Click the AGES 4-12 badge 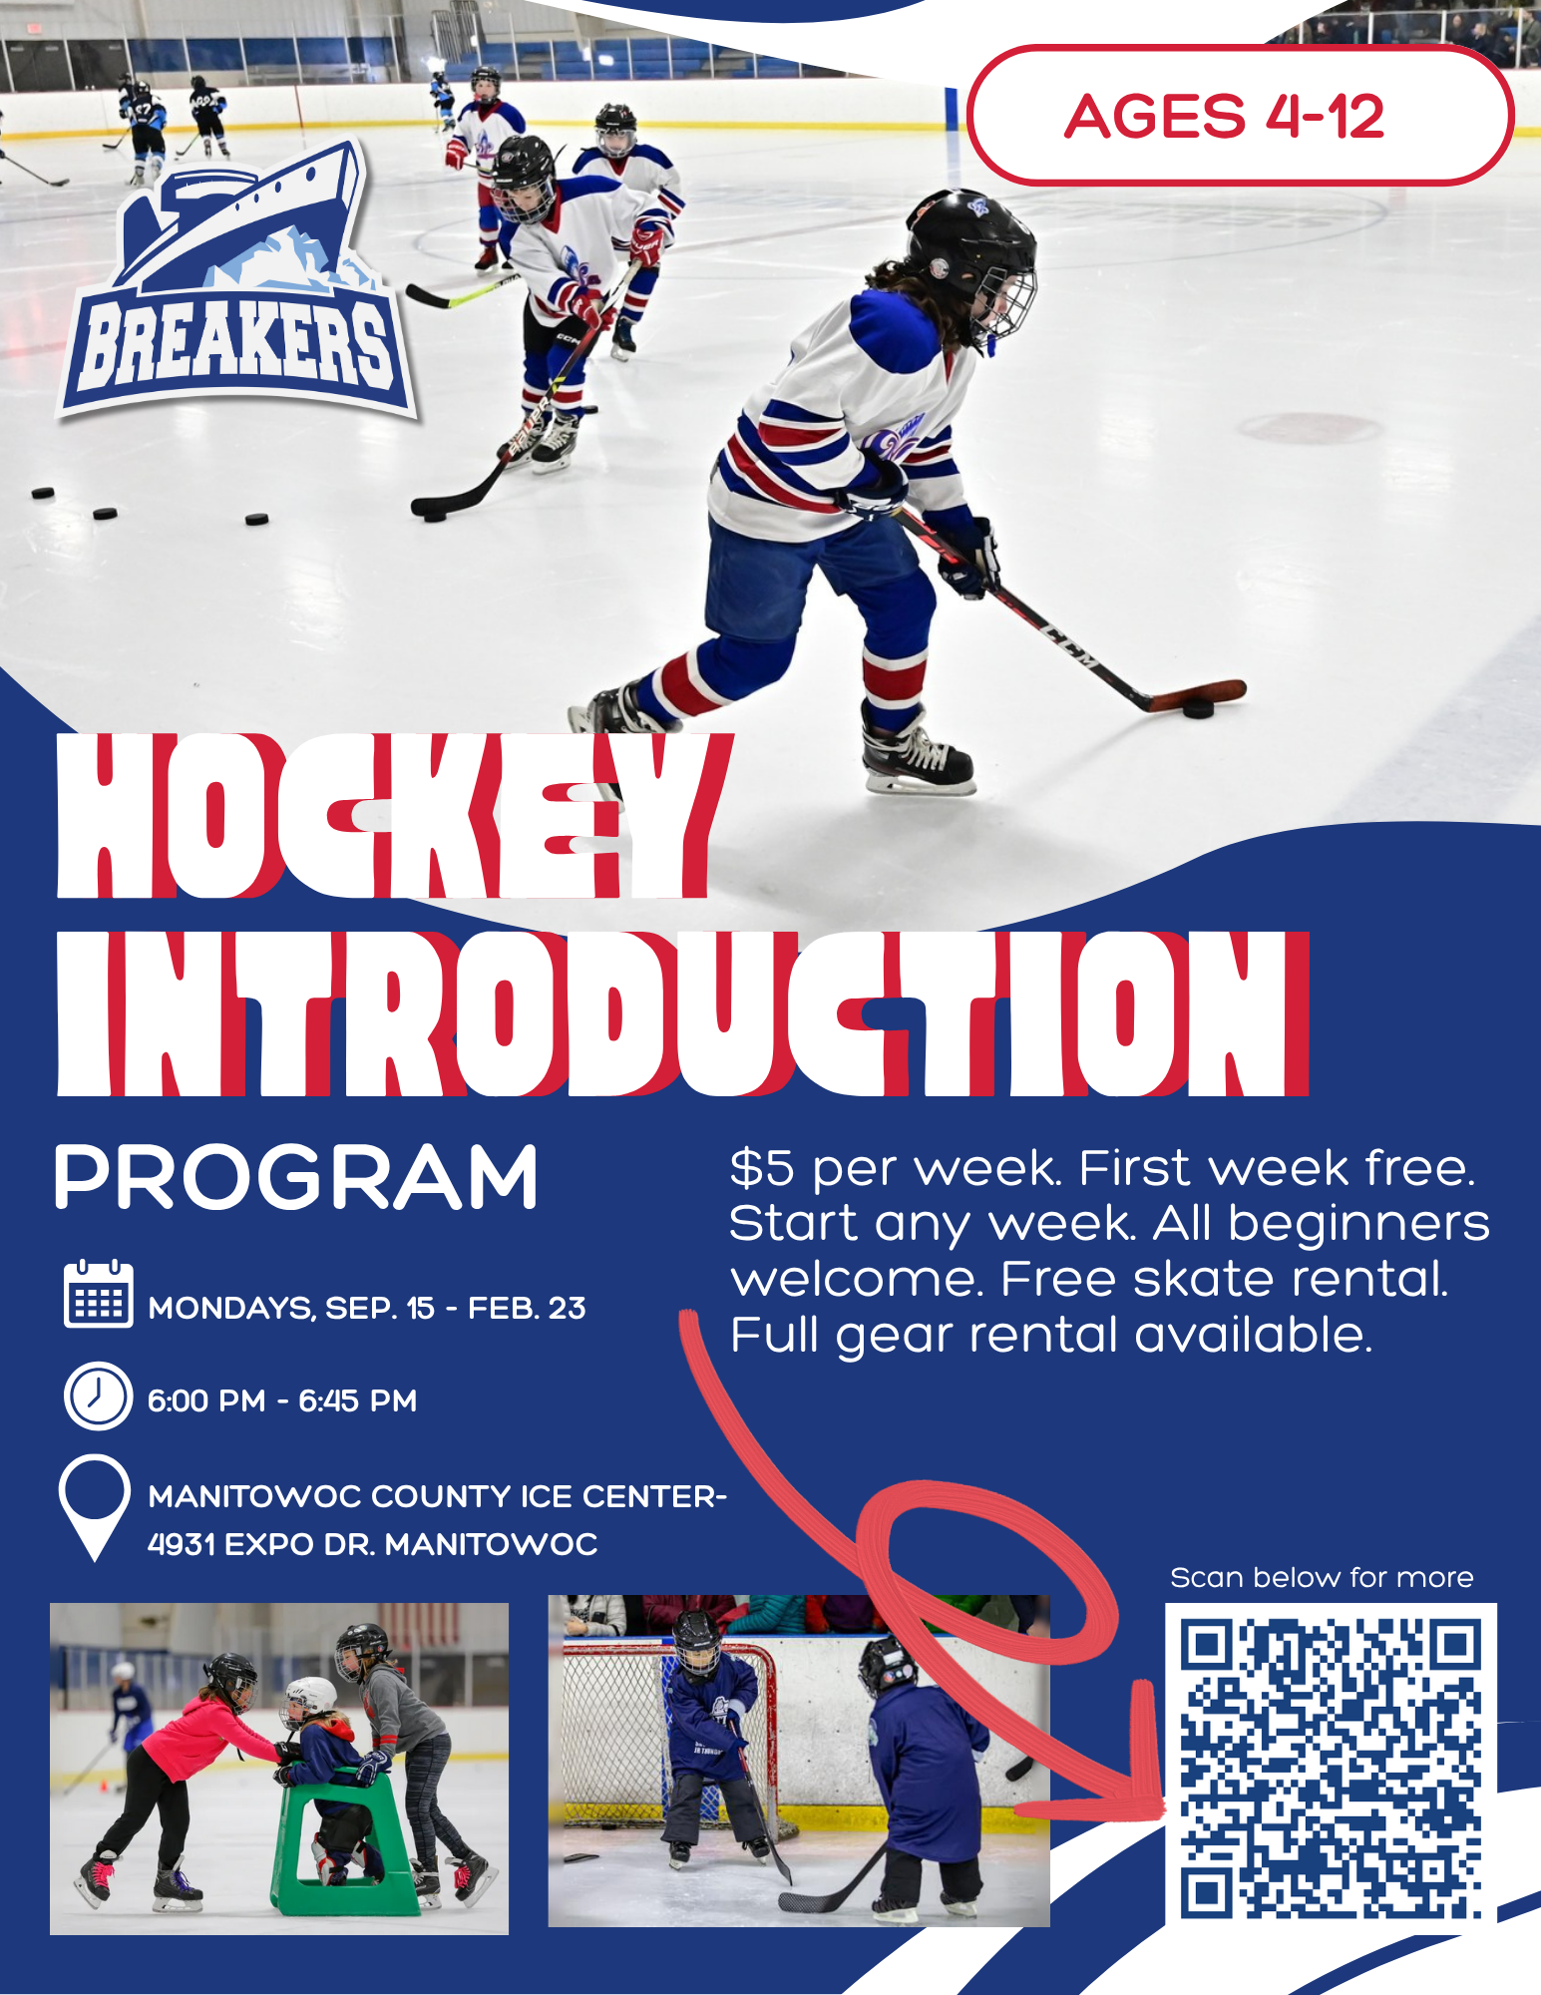1240,115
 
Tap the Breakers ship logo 237,281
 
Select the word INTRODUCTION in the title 682,1013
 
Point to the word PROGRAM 296,1177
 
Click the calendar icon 98,1293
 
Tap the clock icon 98,1396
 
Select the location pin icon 95,1506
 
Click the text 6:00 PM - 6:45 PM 282,1400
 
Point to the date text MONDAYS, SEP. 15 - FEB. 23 367,1308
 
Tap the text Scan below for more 1322,1577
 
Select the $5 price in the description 762,1168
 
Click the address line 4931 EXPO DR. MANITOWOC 372,1544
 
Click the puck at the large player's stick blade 1198,707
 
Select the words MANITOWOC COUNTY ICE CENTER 433,1496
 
